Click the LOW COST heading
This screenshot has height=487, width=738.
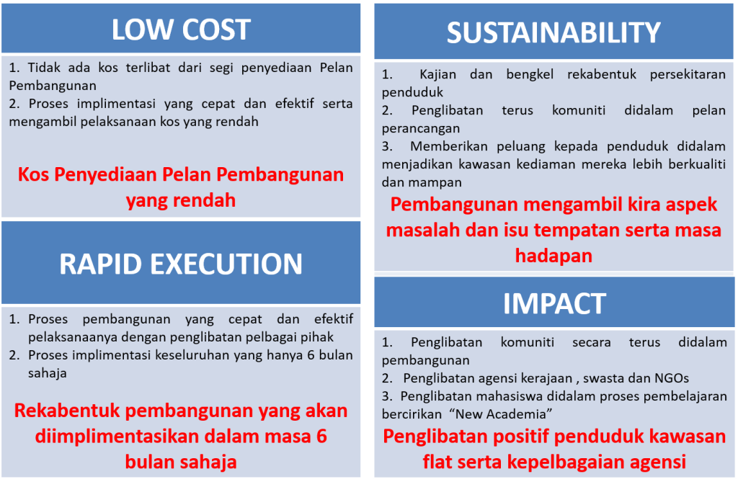point(181,30)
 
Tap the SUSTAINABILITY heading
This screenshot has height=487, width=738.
point(553,32)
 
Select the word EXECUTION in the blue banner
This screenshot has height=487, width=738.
point(226,264)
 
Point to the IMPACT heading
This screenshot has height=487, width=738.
point(554,303)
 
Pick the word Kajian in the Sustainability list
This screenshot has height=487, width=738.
point(437,75)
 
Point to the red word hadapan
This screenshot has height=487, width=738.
point(553,256)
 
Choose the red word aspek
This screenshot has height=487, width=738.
point(692,205)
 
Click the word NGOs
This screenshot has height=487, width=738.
point(672,378)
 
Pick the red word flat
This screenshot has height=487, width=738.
point(437,462)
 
